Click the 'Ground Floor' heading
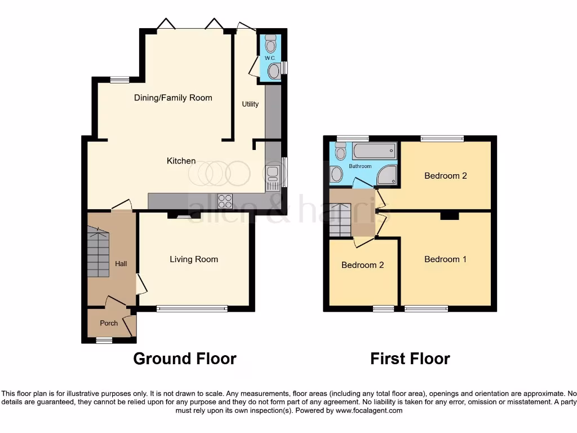[185, 358]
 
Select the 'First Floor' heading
[410, 358]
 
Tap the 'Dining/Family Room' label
[173, 98]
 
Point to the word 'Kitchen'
[181, 161]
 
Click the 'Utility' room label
[250, 104]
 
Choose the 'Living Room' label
[194, 259]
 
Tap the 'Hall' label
[121, 263]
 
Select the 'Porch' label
[109, 323]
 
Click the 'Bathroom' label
[360, 166]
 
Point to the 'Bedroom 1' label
[445, 259]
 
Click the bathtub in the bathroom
[375, 151]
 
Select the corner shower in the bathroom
[387, 176]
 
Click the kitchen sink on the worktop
[273, 178]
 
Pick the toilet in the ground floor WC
[271, 43]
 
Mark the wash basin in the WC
[274, 71]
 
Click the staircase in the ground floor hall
[98, 251]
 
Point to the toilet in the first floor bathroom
[340, 151]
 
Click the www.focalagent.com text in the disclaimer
[369, 411]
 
